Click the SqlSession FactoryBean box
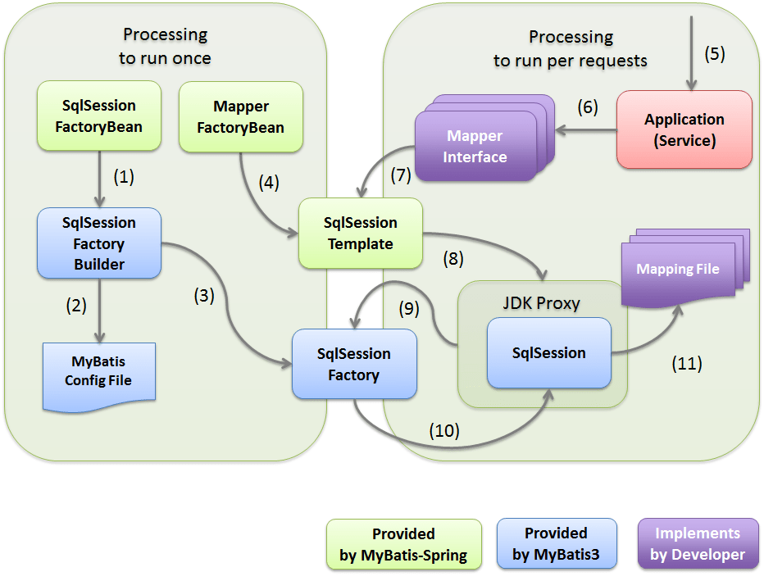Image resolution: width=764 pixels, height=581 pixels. (x=98, y=116)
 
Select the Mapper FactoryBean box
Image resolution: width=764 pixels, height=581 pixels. (x=240, y=117)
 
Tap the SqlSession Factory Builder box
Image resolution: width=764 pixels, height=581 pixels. (x=98, y=243)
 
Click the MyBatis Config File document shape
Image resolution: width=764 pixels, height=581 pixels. (x=98, y=372)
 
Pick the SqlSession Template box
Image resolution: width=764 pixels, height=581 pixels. (x=360, y=234)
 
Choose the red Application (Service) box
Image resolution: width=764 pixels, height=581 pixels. (x=684, y=129)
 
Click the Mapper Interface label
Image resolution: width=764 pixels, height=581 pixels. (x=475, y=147)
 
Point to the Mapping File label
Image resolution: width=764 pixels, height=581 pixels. (x=678, y=269)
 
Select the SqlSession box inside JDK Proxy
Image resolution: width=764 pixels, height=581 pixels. (x=548, y=353)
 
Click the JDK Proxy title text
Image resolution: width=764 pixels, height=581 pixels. (x=541, y=303)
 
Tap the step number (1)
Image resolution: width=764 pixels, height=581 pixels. (x=123, y=175)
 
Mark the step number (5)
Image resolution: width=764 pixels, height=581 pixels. (x=715, y=54)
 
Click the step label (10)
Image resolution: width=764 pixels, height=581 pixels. (x=444, y=429)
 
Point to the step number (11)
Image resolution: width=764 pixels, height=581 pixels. (x=685, y=362)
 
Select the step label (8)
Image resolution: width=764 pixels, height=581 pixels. (x=452, y=259)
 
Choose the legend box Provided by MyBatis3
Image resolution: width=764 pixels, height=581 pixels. (x=556, y=544)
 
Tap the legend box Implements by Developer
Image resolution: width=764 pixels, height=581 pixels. (x=698, y=544)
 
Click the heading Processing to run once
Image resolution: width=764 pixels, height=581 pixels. (x=165, y=46)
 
